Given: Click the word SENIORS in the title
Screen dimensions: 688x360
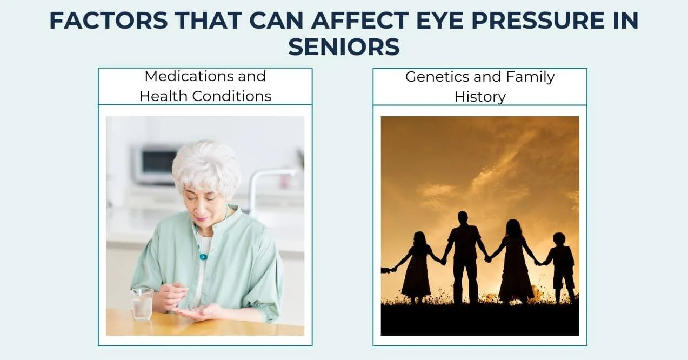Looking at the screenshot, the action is point(344,47).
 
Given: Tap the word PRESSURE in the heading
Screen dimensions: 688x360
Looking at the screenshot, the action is point(538,21).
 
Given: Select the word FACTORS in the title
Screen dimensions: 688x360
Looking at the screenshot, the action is point(109,21).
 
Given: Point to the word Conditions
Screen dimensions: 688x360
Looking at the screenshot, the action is point(232,96).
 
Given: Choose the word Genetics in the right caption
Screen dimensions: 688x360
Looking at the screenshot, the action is point(437,77).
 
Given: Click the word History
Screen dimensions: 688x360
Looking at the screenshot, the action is point(480,97).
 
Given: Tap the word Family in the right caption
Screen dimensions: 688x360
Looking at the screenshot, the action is point(530,77).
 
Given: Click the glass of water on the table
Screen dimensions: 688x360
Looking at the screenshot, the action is point(142,304).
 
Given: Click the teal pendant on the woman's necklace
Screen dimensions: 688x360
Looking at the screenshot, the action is point(203,256).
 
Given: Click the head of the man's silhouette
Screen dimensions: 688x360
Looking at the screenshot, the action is point(463,217).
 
